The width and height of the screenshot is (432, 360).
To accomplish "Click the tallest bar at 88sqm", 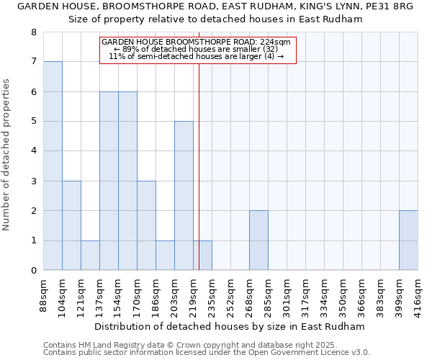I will pyautogui.click(x=53, y=166).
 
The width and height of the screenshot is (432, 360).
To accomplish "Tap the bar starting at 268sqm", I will pyautogui.click(x=258, y=240).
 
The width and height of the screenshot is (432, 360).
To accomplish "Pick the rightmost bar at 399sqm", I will pyautogui.click(x=408, y=240).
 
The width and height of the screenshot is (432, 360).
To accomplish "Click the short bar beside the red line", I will pyautogui.click(x=202, y=256).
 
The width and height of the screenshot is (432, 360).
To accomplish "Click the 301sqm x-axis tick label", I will pyautogui.click(x=287, y=297).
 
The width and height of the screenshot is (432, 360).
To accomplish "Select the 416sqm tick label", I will pyautogui.click(x=418, y=297).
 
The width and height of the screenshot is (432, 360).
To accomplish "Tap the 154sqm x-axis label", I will pyautogui.click(x=119, y=297).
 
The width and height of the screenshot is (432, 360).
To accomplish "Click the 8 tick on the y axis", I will pyautogui.click(x=33, y=32).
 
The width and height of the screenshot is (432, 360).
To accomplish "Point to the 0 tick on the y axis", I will pyautogui.click(x=33, y=271).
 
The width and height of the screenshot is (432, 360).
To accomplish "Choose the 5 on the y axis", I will pyautogui.click(x=33, y=122).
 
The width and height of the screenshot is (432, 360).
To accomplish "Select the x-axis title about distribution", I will pyautogui.click(x=230, y=326).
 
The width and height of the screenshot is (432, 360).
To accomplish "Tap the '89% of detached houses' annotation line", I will pyautogui.click(x=196, y=49).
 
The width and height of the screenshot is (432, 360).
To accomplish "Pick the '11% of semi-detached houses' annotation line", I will pyautogui.click(x=196, y=56).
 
